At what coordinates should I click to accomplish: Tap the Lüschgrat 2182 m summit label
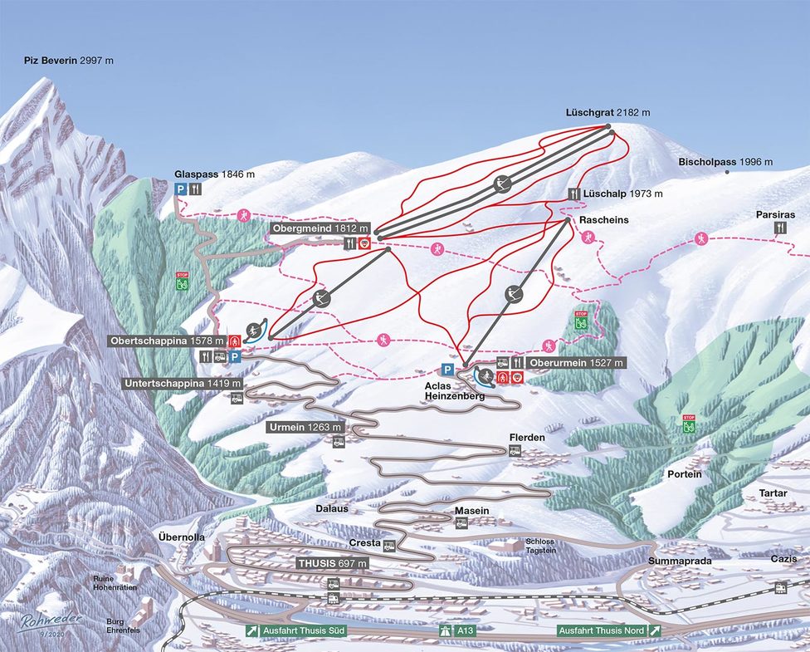(607, 112)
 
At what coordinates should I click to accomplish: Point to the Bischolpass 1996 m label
(725, 162)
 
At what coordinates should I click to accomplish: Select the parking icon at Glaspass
(180, 189)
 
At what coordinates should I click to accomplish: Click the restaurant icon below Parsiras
(780, 227)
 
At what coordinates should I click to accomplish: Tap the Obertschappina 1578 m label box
(166, 341)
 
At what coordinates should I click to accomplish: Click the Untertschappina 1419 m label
(183, 384)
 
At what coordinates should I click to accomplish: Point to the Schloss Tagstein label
(539, 546)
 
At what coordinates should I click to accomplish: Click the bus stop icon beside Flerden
(515, 451)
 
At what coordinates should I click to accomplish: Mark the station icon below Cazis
(781, 587)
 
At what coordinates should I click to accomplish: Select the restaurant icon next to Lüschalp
(573, 194)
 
